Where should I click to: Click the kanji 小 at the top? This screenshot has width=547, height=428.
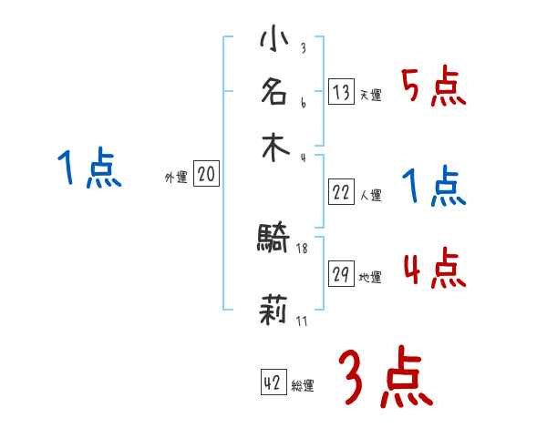pyautogui.click(x=274, y=42)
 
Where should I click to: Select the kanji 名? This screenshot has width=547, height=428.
pyautogui.click(x=274, y=92)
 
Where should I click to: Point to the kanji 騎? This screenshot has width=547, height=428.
pyautogui.click(x=274, y=239)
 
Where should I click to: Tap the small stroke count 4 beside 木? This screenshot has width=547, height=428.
pyautogui.click(x=302, y=158)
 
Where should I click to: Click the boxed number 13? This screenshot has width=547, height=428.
pyautogui.click(x=341, y=91)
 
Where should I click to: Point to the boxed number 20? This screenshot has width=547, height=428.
pyautogui.click(x=206, y=174)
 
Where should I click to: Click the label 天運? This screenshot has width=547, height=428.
pyautogui.click(x=370, y=96)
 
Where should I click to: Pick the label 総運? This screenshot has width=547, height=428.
pyautogui.click(x=303, y=386)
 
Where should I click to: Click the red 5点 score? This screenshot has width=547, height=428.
pyautogui.click(x=433, y=87)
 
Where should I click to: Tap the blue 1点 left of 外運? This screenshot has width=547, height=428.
pyautogui.click(x=89, y=169)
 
